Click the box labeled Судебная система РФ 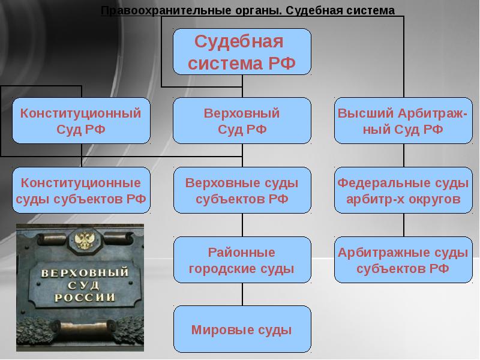(242, 52)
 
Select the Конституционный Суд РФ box (81, 121)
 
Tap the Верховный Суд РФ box (242, 121)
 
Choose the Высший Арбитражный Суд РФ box (403, 121)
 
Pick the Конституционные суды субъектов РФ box (81, 190)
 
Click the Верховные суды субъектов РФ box (242, 190)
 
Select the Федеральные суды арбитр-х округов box (403, 190)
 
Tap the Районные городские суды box (242, 260)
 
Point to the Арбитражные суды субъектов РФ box (403, 260)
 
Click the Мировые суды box (242, 329)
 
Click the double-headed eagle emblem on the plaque (84, 241)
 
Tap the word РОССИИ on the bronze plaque (85, 297)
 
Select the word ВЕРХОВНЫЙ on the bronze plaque (85, 272)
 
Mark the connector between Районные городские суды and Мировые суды (242, 294)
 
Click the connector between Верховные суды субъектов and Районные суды (242, 224)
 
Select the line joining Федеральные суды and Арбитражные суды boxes (403, 224)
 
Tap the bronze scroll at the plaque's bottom (83, 327)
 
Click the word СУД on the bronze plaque (83, 286)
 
